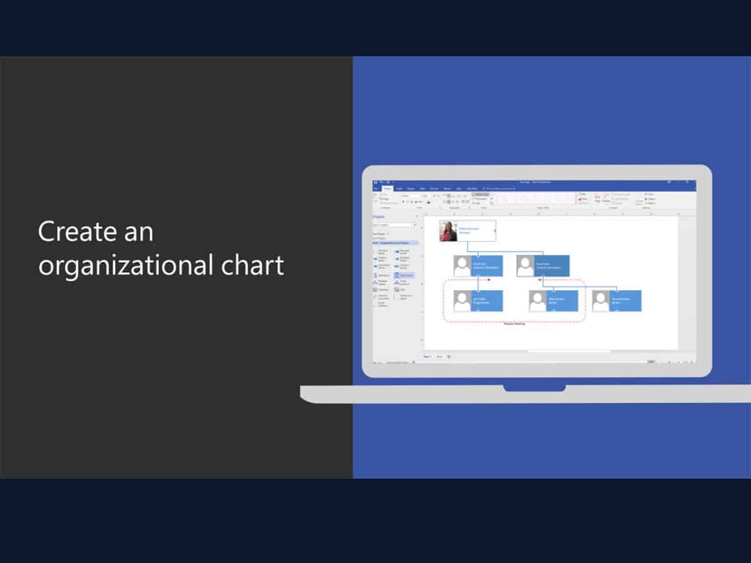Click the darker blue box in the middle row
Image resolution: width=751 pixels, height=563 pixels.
(x=551, y=266)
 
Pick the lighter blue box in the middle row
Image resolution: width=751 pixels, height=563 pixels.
(x=488, y=266)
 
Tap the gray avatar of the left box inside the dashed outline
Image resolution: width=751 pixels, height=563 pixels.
(x=463, y=301)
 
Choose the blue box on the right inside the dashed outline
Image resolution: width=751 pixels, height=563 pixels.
(x=562, y=301)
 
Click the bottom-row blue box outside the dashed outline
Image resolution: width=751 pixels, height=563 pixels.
(x=625, y=301)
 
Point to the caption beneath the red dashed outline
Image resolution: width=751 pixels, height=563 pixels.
(x=514, y=324)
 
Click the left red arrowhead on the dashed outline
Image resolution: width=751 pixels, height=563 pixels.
(x=488, y=280)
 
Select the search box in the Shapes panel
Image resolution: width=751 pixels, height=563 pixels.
(x=393, y=225)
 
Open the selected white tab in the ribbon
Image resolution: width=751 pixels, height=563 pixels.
(x=387, y=188)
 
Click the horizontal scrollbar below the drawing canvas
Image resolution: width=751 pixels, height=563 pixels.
(x=568, y=352)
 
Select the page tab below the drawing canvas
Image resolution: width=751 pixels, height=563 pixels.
(x=427, y=357)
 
